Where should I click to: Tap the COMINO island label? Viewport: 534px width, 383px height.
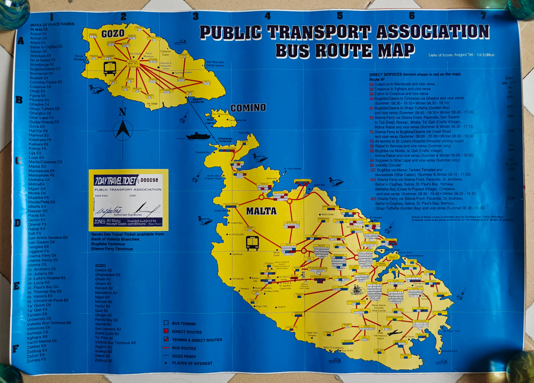pyautogui.click(x=248, y=108)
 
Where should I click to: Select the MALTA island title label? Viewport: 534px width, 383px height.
pyautogui.click(x=261, y=211)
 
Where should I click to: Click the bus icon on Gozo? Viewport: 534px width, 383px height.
pyautogui.click(x=110, y=68)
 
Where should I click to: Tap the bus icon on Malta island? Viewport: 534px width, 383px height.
pyautogui.click(x=252, y=243)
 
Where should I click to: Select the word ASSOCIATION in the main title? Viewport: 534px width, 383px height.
pyautogui.click(x=433, y=32)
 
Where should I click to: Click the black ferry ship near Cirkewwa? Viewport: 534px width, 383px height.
pyautogui.click(x=198, y=136)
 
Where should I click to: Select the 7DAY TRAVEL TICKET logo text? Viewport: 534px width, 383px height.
pyautogui.click(x=115, y=180)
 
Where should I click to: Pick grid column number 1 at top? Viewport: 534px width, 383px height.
pyautogui.click(x=52, y=17)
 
